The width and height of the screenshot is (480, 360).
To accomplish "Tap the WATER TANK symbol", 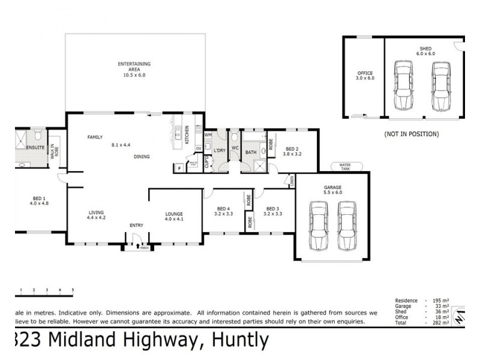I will (x=344, y=166).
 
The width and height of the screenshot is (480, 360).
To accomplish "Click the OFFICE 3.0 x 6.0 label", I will (x=365, y=76).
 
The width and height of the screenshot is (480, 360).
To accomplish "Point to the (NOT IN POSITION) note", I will (x=411, y=133).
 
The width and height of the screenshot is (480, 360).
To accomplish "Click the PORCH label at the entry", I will (x=144, y=247).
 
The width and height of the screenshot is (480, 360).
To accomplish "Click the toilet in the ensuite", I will (x=37, y=133).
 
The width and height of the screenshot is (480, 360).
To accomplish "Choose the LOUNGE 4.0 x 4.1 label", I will (x=174, y=216).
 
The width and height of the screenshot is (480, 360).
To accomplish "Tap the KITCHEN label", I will (x=187, y=134).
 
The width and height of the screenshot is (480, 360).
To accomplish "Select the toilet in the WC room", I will (x=235, y=137).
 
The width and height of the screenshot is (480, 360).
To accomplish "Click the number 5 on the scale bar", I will (x=73, y=290).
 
